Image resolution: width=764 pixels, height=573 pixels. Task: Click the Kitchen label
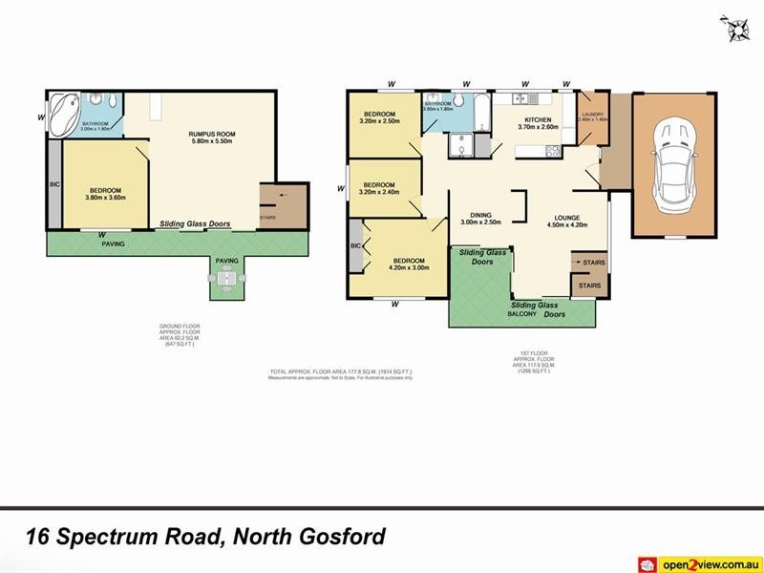click(x=539, y=119)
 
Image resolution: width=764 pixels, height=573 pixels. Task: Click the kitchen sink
click(x=523, y=98)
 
